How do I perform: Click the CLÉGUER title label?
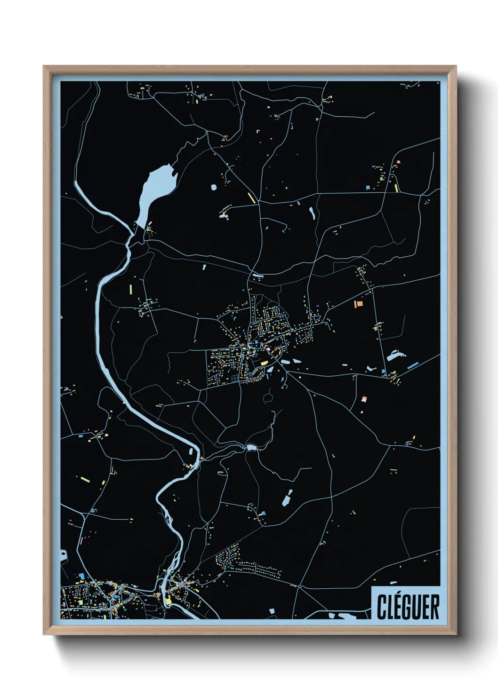point(408,607)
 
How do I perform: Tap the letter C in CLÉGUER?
point(382,607)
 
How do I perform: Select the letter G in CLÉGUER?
point(407,607)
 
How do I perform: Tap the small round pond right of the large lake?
point(214,187)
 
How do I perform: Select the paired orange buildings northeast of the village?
point(358,304)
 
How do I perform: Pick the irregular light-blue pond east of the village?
point(396,355)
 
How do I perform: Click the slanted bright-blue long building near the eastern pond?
point(413,365)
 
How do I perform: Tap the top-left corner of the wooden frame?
point(44,67)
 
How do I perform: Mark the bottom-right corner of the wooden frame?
point(456,634)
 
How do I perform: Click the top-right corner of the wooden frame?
point(456,67)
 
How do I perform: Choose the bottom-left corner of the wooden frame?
point(44,634)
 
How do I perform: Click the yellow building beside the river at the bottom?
point(168,600)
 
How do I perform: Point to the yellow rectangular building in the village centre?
point(264,363)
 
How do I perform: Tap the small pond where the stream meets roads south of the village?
point(251,448)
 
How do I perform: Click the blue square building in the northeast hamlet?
point(368,187)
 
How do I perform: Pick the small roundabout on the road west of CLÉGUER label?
point(299,586)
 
